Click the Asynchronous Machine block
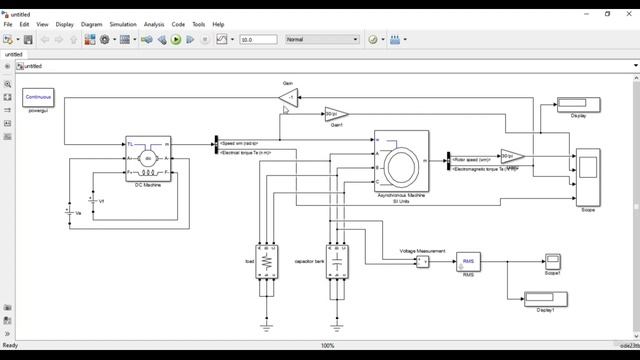click(x=401, y=161)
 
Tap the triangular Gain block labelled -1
click(x=289, y=96)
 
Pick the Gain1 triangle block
click(x=336, y=114)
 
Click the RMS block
click(x=469, y=261)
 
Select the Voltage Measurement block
click(x=422, y=261)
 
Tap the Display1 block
click(x=545, y=298)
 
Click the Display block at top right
click(x=578, y=103)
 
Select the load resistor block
click(x=267, y=261)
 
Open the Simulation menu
click(x=123, y=24)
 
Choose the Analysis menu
click(x=154, y=24)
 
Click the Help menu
click(x=218, y=24)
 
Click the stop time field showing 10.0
click(x=258, y=40)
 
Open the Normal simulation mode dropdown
click(x=321, y=40)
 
